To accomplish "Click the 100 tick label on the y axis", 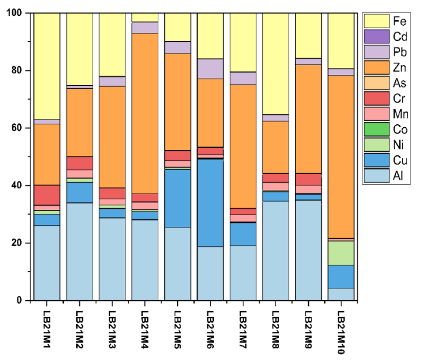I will coord(15,13).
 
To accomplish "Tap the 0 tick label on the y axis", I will coord(20,300).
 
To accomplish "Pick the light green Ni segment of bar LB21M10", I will coord(341,253).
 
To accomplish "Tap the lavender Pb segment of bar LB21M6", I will coord(210,69).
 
